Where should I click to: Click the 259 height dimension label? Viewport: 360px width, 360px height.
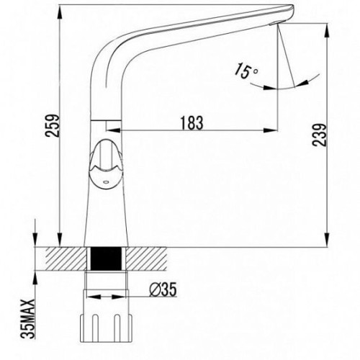53,125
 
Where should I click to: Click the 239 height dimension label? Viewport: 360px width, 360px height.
320,135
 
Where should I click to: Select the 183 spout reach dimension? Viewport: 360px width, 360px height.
192,122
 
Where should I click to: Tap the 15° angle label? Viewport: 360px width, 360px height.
246,70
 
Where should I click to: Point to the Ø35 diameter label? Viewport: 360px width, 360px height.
163,289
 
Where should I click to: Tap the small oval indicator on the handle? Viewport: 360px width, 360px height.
106,183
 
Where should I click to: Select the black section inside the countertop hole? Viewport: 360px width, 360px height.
106,258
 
